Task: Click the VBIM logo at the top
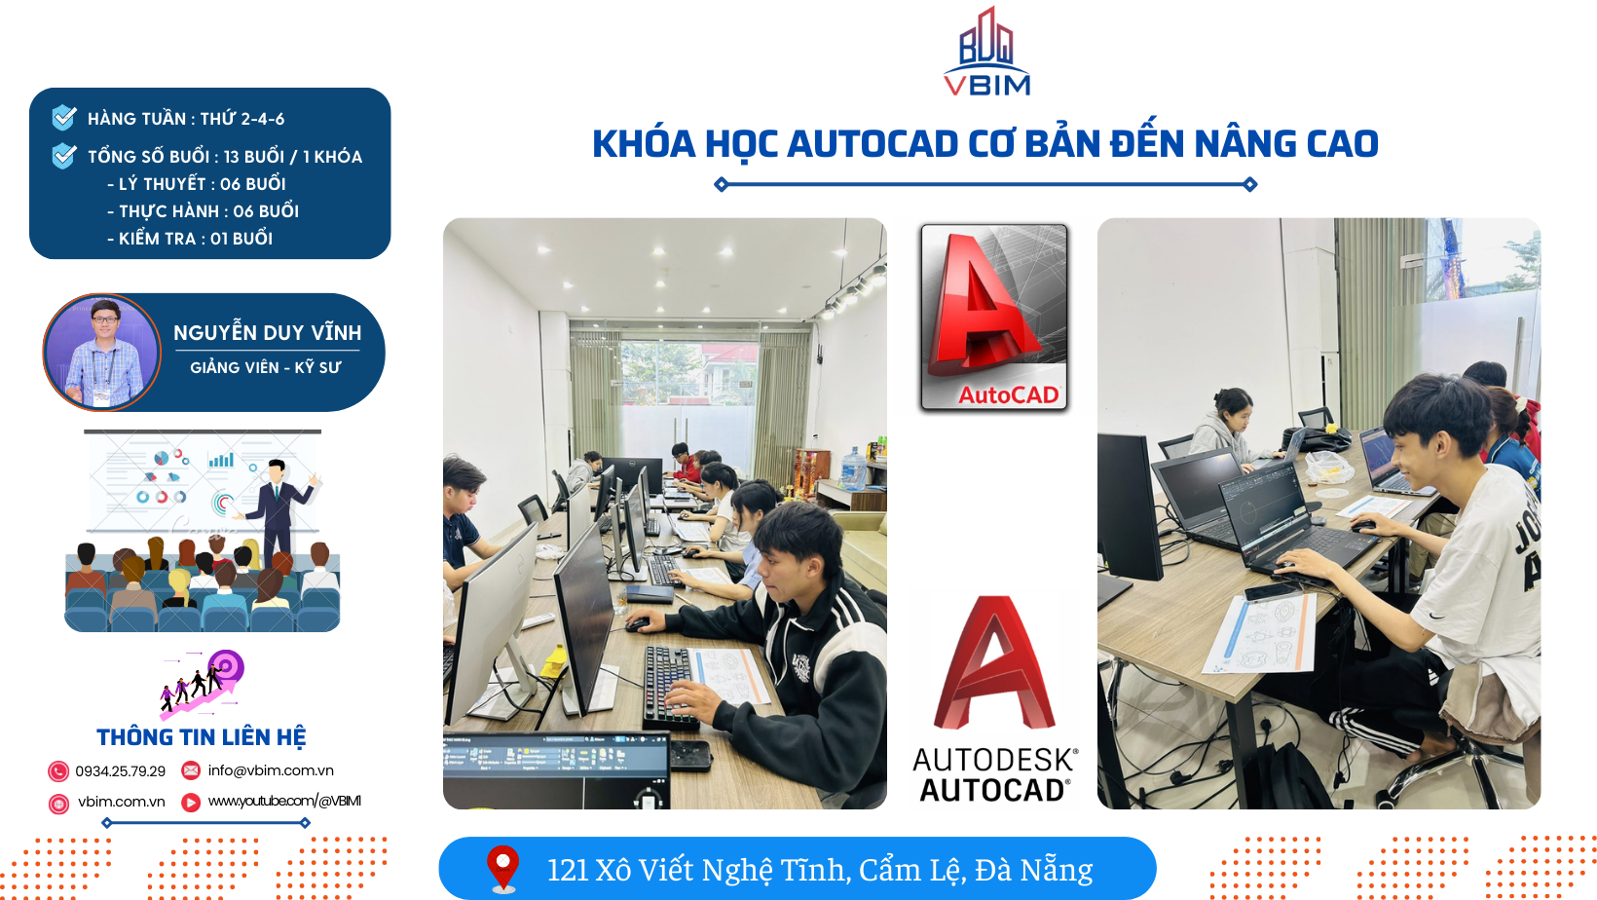[x=986, y=52]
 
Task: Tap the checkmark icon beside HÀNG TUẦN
[x=64, y=117]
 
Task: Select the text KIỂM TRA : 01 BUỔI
[x=190, y=239]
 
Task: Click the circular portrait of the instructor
[x=102, y=353]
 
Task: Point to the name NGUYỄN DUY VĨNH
[x=268, y=332]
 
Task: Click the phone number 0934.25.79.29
[x=121, y=770]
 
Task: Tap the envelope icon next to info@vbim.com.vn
[x=190, y=770]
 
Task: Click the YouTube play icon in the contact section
[x=190, y=803]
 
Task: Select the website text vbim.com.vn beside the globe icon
[x=121, y=802]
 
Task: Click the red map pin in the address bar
[x=502, y=868]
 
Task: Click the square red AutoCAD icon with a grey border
[x=994, y=318]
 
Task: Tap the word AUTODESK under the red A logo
[x=994, y=760]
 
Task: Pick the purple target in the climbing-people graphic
[x=226, y=667]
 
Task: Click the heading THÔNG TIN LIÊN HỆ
[x=201, y=736]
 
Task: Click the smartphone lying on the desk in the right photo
[x=1268, y=592]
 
